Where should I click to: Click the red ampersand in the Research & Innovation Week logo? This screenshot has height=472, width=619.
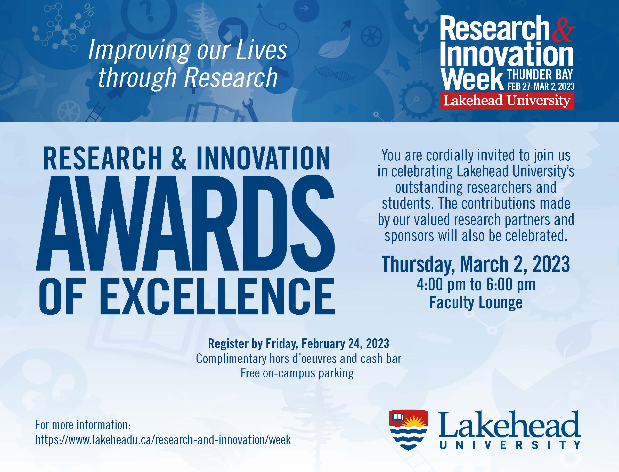563,31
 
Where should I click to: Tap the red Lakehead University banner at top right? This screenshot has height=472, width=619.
507,101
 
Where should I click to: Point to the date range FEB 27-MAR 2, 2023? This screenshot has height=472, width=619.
541,86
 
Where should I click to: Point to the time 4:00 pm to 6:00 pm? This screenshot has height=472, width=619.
476,284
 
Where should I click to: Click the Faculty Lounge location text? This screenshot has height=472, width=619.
476,303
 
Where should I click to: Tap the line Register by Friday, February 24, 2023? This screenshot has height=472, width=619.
298,343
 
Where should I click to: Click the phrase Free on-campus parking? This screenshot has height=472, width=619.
297,373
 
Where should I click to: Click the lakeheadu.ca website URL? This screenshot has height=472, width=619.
163,440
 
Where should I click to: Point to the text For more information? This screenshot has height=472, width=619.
83,425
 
